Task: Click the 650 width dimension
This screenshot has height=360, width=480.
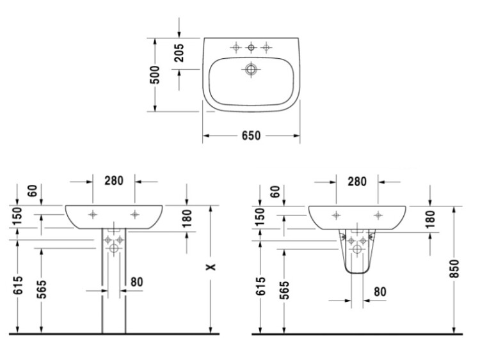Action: pos(251,136)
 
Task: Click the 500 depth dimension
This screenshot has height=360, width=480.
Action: pos(156,75)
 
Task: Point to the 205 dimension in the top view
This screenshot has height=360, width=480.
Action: pos(179,53)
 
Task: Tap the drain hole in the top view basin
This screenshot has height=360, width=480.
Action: pos(251,70)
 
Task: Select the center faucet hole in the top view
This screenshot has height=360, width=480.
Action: pos(251,47)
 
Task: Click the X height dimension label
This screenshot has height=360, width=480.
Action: pos(211,267)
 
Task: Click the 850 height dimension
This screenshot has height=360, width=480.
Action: pos(454,269)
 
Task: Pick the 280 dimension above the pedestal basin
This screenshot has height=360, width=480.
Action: pos(114,181)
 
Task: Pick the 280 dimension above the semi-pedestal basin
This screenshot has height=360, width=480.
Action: pos(357,182)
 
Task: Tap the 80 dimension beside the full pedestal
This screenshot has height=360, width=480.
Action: pos(136,282)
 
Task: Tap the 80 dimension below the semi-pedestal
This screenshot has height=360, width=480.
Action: pos(380,292)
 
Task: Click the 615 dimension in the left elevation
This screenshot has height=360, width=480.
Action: pos(19,285)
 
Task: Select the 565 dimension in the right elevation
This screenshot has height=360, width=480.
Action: pos(284,290)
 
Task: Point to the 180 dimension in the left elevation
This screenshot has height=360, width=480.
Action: pos(187,219)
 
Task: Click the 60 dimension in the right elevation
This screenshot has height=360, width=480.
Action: pos(276,192)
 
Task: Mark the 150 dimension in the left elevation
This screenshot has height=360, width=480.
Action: pos(19,215)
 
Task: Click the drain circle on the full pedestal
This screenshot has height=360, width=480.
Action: pos(114,248)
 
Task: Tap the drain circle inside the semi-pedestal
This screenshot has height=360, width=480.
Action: pos(357,249)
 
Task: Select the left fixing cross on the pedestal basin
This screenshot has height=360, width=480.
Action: pos(93,214)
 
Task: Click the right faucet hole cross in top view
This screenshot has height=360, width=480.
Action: pos(266,47)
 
